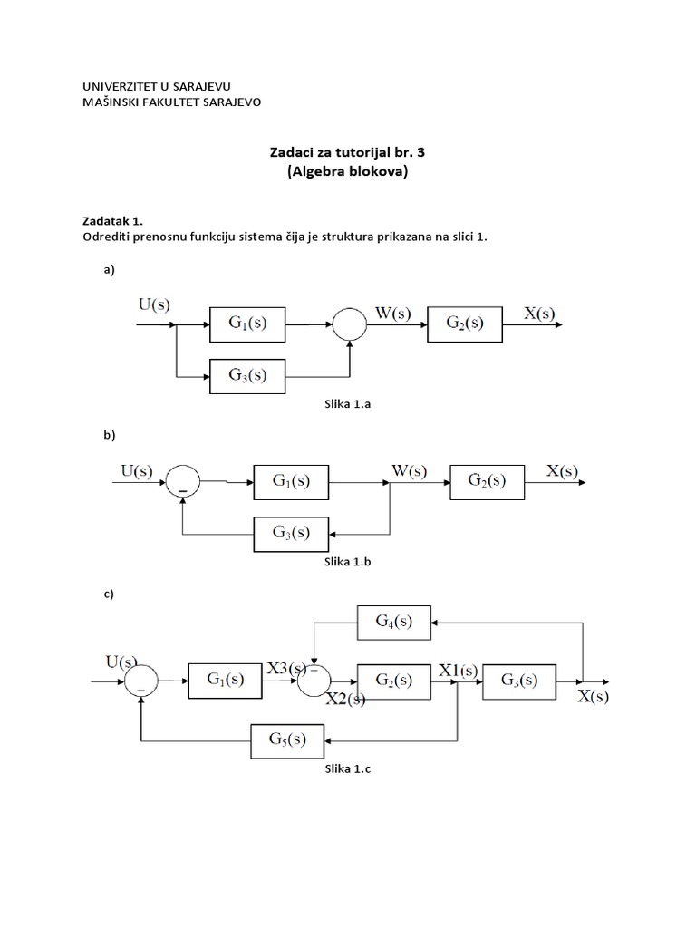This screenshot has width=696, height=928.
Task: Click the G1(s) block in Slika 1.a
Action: (x=247, y=324)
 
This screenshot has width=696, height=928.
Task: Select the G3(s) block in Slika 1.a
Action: (x=247, y=376)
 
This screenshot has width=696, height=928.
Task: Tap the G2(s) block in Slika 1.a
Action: (x=465, y=324)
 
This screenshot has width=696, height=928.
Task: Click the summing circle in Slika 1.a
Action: (x=350, y=324)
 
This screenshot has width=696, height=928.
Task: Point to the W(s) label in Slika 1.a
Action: (x=392, y=314)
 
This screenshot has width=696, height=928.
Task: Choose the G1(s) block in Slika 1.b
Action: (x=292, y=482)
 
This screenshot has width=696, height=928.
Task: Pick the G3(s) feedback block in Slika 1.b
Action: (x=291, y=532)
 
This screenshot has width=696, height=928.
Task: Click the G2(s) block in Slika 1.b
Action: (x=487, y=482)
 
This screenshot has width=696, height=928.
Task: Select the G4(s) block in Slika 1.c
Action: (x=394, y=623)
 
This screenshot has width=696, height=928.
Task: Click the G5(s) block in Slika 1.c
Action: (x=287, y=739)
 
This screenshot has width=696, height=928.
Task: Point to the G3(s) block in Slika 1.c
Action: (x=520, y=681)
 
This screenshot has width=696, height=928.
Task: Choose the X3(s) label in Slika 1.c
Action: (x=287, y=670)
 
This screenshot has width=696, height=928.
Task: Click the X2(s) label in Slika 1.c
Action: (x=345, y=700)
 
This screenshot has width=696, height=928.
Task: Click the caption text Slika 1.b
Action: (x=348, y=562)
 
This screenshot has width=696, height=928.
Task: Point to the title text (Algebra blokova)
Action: (x=348, y=172)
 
